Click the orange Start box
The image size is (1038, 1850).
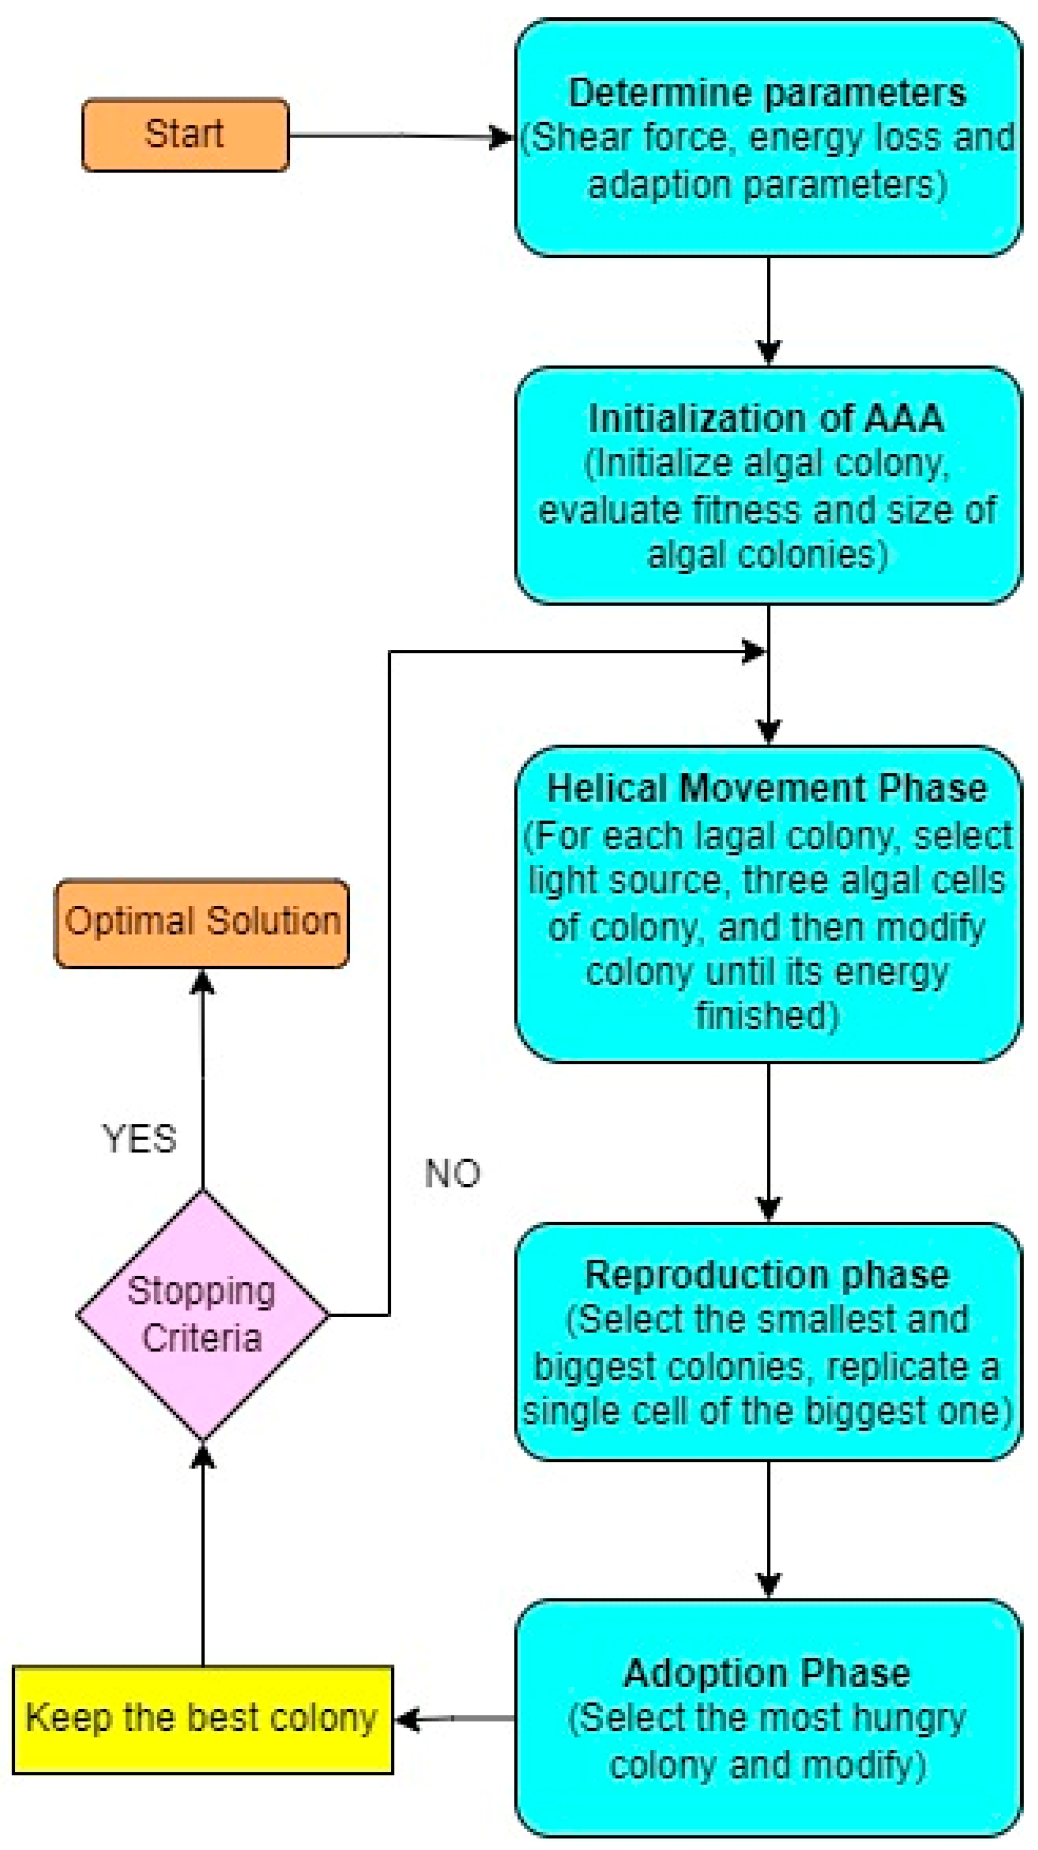[x=185, y=134]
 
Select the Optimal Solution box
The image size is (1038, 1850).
[x=202, y=922]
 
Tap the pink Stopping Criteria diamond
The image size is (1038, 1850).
[x=202, y=1315]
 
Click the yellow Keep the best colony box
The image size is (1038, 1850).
[x=202, y=1718]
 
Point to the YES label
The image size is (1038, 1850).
[x=139, y=1139]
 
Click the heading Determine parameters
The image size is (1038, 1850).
[x=767, y=94]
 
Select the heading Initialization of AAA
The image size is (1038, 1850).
[x=766, y=419]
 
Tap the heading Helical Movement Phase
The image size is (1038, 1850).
[x=767, y=789]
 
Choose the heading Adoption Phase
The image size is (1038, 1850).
[x=767, y=1673]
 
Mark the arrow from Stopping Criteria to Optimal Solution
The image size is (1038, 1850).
[x=202, y=1077]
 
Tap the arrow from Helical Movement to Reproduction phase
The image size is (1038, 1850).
[x=769, y=1142]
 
